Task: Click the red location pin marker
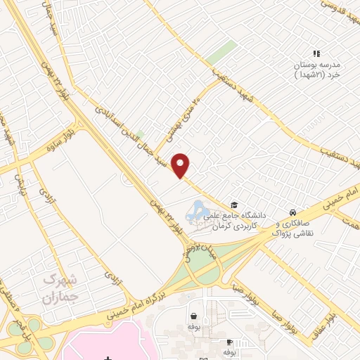tap(181, 165)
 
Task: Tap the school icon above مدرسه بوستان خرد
tap(316, 53)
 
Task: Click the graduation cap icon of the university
tap(233, 205)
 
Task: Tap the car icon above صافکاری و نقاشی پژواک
tap(292, 212)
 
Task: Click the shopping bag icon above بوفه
tap(193, 316)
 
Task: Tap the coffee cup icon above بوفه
tap(229, 341)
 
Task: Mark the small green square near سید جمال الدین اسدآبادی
tap(140, 134)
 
